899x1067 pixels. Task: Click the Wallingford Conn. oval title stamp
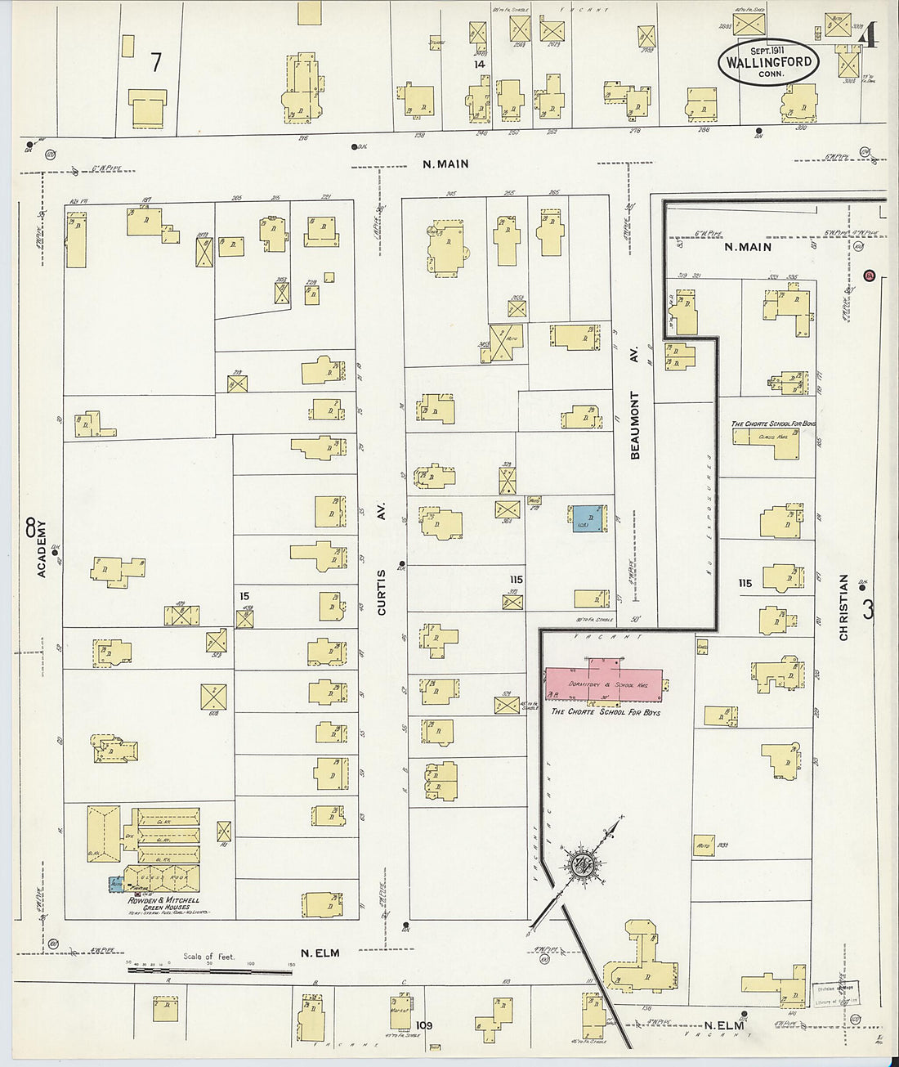click(x=768, y=61)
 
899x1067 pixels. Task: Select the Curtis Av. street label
click(x=382, y=558)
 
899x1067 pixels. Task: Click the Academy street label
click(x=42, y=549)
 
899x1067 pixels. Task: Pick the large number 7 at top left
click(x=156, y=61)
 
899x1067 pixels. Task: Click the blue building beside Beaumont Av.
click(x=588, y=518)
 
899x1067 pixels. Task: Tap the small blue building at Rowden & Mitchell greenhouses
click(x=116, y=884)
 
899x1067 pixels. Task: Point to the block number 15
click(x=244, y=596)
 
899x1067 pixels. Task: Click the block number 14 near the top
click(x=480, y=64)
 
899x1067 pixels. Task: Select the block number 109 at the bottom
click(x=423, y=1025)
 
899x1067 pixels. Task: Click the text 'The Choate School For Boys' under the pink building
click(x=606, y=712)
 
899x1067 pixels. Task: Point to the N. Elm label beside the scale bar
click(x=320, y=953)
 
